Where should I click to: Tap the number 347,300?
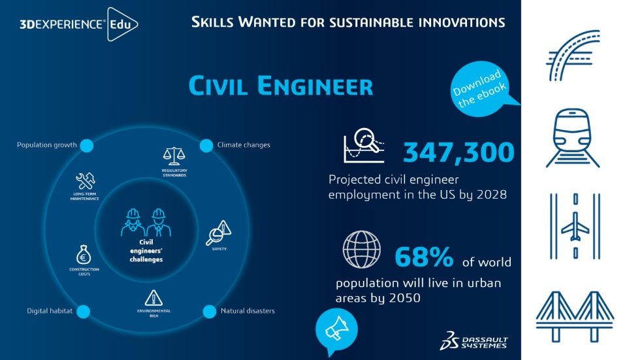tap(458, 152)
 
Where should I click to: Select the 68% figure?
tap(424, 257)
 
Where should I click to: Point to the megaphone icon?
tap(336, 329)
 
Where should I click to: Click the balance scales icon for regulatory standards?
tap(174, 156)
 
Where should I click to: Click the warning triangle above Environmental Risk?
tap(153, 298)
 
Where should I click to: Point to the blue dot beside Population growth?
tap(86, 145)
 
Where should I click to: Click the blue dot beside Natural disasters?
tap(209, 311)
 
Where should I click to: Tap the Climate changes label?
tap(243, 145)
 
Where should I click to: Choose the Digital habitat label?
tap(50, 311)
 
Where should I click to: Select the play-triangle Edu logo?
tap(121, 25)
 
